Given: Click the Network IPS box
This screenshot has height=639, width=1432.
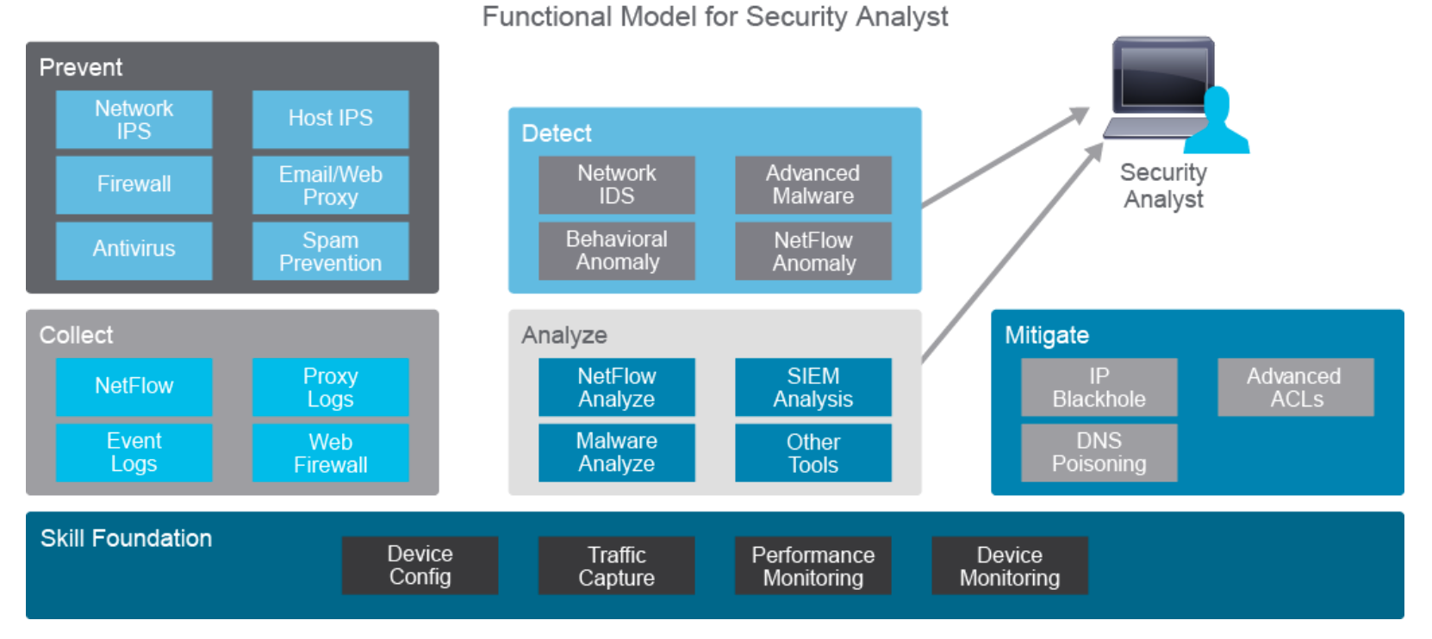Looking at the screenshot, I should click(134, 120).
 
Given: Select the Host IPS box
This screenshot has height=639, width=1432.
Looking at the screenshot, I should click(330, 119).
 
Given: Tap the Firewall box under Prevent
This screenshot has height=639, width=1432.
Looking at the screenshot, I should click(134, 184).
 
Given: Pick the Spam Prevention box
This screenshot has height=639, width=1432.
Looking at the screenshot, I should click(330, 251).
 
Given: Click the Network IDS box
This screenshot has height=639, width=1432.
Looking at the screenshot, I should click(617, 184).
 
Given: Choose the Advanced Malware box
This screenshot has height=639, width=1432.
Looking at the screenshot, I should click(813, 184).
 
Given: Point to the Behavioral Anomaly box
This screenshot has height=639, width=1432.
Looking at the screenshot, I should click(617, 251).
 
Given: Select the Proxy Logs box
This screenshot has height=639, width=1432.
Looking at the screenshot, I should click(330, 388).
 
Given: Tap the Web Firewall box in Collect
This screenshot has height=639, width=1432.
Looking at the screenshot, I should click(330, 453).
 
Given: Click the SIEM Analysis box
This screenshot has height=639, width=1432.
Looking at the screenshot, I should click(813, 388).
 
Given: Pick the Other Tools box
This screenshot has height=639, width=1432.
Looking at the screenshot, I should click(813, 453).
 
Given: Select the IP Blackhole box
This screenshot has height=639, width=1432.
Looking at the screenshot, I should click(1099, 388).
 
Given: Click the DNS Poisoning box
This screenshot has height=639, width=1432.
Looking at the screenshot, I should click(1099, 453).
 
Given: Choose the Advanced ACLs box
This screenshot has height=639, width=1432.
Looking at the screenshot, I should click(1295, 388).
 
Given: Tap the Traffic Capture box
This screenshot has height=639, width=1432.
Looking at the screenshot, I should click(616, 566).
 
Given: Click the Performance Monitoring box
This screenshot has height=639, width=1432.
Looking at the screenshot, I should click(813, 566).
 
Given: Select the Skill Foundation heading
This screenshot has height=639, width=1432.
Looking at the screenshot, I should click(126, 539).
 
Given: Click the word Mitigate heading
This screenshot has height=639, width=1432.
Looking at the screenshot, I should click(1047, 335).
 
